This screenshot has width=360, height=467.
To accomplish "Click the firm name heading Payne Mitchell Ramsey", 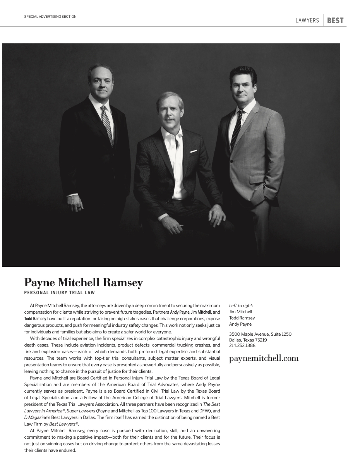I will (x=83, y=283).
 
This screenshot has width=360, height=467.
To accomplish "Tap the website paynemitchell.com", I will (x=264, y=358).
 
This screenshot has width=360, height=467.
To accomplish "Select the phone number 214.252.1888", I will (x=242, y=345).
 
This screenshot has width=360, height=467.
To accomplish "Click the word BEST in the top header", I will (x=335, y=21).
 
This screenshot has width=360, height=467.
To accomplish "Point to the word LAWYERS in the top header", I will (x=307, y=21).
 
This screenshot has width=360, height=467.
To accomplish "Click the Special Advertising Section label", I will (x=50, y=17).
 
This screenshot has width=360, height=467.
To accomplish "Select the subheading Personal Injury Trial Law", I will (x=60, y=293).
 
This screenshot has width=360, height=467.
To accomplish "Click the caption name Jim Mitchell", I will (x=240, y=312).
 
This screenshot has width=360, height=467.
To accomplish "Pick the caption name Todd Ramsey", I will (x=242, y=318).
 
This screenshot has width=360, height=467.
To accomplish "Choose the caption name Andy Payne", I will (x=240, y=324).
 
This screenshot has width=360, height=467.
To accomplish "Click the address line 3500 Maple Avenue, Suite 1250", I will (x=260, y=334).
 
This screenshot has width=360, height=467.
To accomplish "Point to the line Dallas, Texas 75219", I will (x=248, y=340).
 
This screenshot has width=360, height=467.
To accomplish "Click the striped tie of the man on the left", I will (x=107, y=124).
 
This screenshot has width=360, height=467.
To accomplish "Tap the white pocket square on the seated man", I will (x=194, y=151).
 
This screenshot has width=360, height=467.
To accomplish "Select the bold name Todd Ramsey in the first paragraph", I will (x=35, y=318).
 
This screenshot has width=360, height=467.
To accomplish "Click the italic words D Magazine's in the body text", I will (x=37, y=417).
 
